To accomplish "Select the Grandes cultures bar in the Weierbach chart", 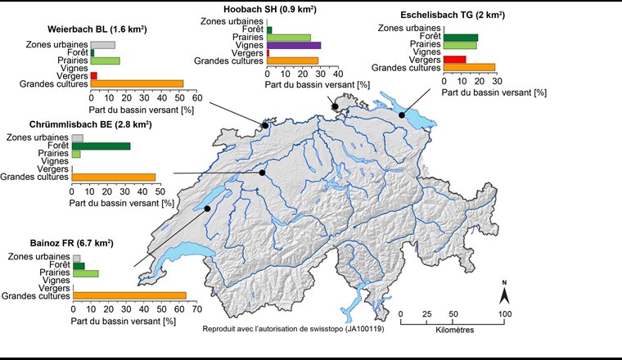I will [137, 83].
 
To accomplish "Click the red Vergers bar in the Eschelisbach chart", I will [454, 59].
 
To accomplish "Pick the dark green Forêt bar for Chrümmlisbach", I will [101, 146].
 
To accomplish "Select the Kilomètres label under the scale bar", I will [451, 330].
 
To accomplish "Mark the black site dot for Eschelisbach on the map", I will [402, 115].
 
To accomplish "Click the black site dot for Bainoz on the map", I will [208, 209].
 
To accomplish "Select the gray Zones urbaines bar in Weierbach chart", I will [102, 45].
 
